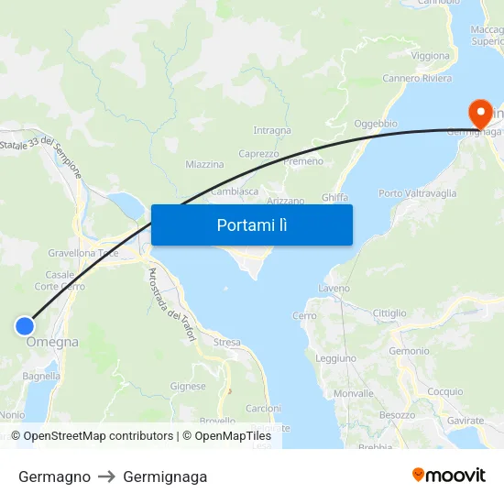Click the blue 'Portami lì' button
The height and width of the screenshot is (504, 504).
click(x=251, y=225)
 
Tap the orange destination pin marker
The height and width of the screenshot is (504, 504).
click(x=479, y=115)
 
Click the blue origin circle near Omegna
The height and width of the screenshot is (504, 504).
click(x=25, y=325)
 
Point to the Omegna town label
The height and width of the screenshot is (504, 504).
click(x=52, y=343)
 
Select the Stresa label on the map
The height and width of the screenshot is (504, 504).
click(x=226, y=343)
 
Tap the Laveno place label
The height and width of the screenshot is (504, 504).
click(x=334, y=288)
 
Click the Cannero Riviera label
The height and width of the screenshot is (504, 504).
click(x=417, y=79)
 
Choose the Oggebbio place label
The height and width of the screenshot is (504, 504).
click(x=375, y=123)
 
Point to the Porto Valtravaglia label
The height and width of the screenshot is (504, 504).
click(x=417, y=193)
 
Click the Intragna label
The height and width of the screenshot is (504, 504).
click(x=271, y=131)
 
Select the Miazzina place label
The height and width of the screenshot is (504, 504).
click(x=204, y=165)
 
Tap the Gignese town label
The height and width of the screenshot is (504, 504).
click(x=188, y=387)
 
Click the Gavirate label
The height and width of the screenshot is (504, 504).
click(x=466, y=421)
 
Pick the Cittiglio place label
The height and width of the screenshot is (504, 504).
click(x=389, y=313)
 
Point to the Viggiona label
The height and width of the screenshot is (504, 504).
click(x=430, y=56)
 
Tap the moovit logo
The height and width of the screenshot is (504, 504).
click(x=449, y=475)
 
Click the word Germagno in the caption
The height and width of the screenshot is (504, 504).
click(x=54, y=477)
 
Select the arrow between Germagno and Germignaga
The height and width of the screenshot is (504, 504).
click(x=106, y=477)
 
